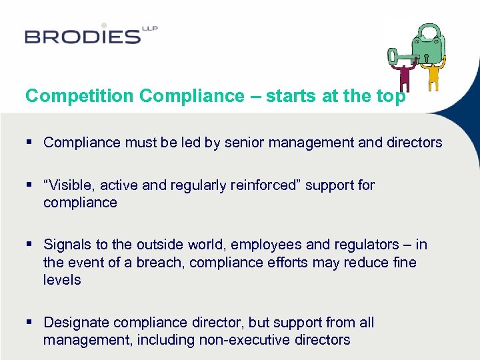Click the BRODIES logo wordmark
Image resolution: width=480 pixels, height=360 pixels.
[x=83, y=36]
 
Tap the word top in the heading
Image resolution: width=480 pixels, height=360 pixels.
[x=391, y=96]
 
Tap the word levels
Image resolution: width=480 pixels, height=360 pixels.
[x=62, y=279]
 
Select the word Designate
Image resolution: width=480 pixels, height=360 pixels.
[x=76, y=323]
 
